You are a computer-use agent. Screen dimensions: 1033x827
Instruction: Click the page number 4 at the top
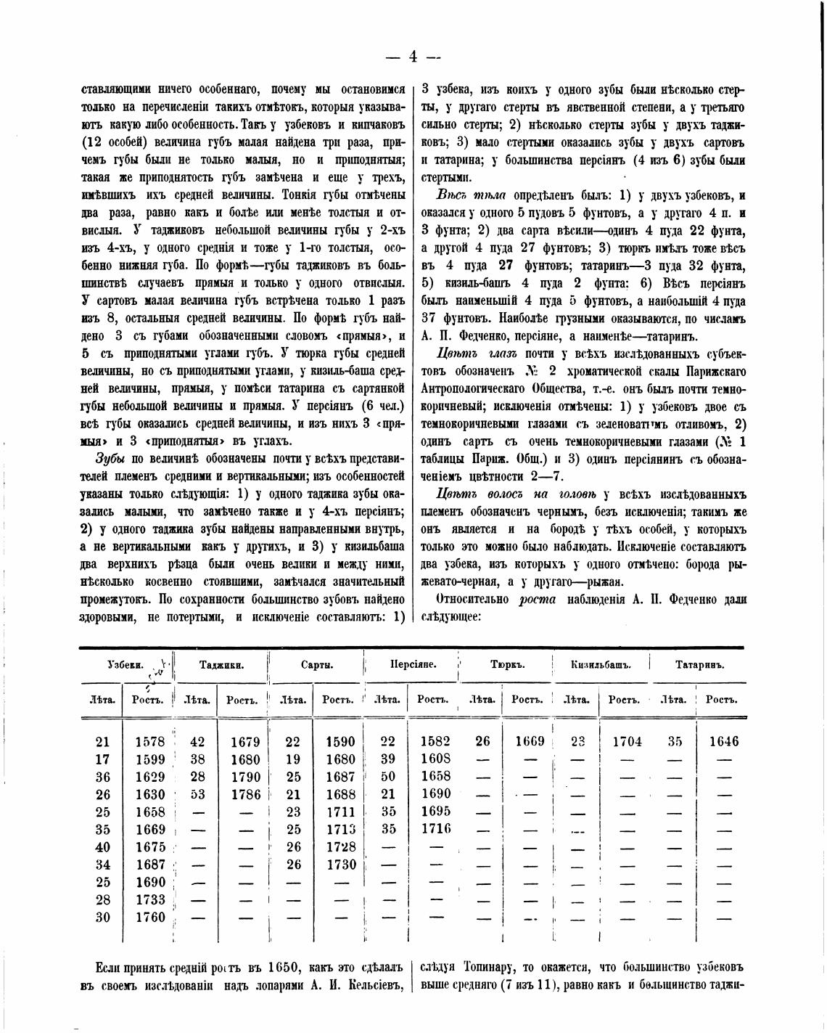[x=413, y=57]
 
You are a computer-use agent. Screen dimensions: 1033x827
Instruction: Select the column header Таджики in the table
[x=221, y=665]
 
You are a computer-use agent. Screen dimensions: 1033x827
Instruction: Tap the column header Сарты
[x=316, y=665]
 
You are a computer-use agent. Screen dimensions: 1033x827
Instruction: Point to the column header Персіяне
[x=413, y=665]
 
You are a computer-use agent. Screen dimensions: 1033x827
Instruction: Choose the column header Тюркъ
[x=507, y=665]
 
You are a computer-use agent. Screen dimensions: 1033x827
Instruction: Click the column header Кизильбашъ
[x=601, y=665]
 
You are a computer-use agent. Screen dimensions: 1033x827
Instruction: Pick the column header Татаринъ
[x=699, y=665]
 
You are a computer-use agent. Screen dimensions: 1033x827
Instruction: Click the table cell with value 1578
[x=150, y=742]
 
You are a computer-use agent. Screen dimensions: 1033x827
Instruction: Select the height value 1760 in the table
[x=150, y=918]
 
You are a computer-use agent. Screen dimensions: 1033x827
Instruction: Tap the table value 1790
[x=245, y=777]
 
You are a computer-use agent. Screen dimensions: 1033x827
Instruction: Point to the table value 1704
[x=627, y=742]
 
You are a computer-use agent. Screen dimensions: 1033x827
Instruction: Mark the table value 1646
[x=723, y=742]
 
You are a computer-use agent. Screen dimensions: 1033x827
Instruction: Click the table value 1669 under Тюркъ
[x=530, y=741]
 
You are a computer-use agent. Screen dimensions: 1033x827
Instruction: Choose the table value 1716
[x=435, y=829]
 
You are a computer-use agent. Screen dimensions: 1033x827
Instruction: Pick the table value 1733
[x=150, y=900]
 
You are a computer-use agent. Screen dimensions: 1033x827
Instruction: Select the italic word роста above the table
[x=537, y=600]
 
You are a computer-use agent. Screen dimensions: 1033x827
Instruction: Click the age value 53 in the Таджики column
[x=197, y=794]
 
